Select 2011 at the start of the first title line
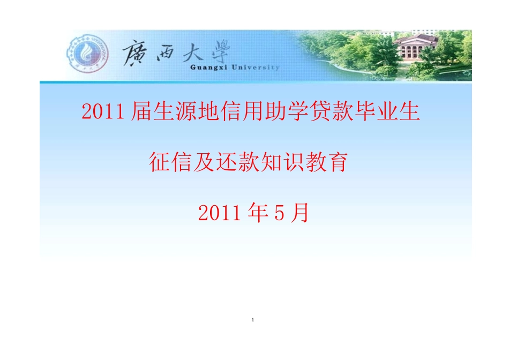coord(105,111)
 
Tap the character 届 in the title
coord(140,111)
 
